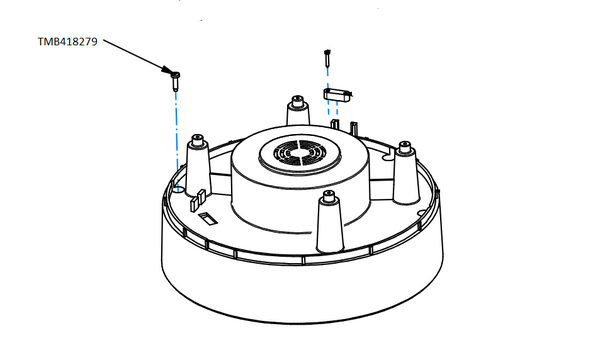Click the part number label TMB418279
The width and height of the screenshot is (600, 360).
point(66,41)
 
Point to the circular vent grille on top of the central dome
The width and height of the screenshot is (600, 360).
point(297,155)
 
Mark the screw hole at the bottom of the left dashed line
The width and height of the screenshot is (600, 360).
point(177,187)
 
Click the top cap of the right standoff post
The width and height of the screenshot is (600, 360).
point(405,148)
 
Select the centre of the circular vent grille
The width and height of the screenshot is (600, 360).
point(297,155)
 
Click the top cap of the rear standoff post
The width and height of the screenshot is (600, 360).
point(298,99)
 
